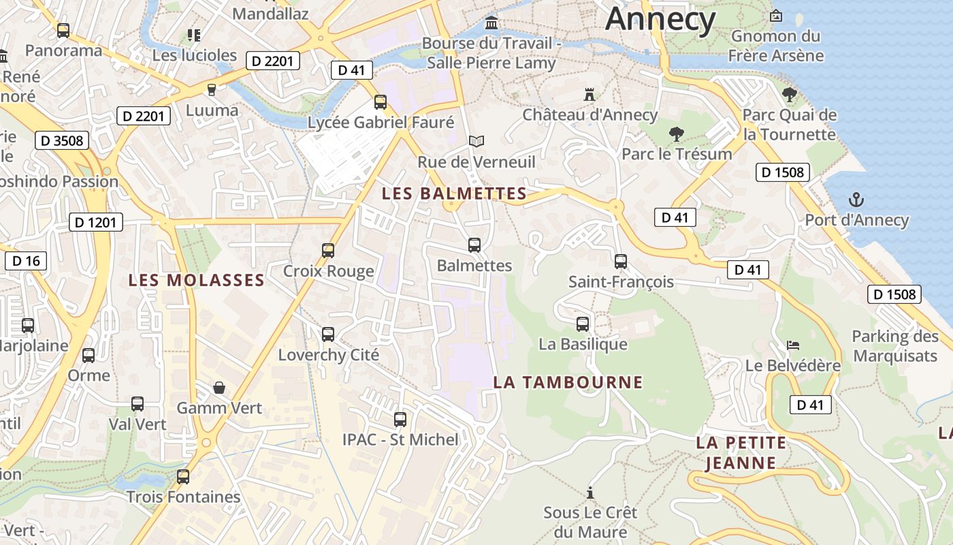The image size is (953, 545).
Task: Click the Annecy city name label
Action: pyautogui.click(x=660, y=18)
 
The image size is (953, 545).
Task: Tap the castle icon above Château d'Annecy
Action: pyautogui.click(x=589, y=95)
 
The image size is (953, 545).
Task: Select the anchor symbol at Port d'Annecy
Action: pyautogui.click(x=856, y=200)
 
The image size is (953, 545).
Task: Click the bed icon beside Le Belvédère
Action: pyautogui.click(x=793, y=345)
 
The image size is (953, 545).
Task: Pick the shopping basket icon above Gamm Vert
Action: pyautogui.click(x=219, y=388)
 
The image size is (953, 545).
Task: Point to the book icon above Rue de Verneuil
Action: pyautogui.click(x=476, y=141)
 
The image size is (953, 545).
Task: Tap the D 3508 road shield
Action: pyautogui.click(x=62, y=141)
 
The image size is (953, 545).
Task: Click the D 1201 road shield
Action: pyautogui.click(x=96, y=222)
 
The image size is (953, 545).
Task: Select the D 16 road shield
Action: pyautogui.click(x=26, y=261)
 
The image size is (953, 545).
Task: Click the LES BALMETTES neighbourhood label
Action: pyautogui.click(x=454, y=193)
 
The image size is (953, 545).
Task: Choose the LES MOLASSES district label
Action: pyautogui.click(x=196, y=280)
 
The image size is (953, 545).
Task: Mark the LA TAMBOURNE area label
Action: pyautogui.click(x=568, y=382)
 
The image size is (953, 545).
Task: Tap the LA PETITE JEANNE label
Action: pyautogui.click(x=741, y=453)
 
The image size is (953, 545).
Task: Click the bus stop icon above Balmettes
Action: pyautogui.click(x=474, y=245)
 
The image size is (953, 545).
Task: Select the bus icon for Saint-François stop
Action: pyautogui.click(x=621, y=261)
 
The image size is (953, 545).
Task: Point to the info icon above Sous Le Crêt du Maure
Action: pyautogui.click(x=590, y=492)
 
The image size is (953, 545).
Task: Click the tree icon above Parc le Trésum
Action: pyautogui.click(x=676, y=134)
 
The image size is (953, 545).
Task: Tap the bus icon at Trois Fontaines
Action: pyautogui.click(x=182, y=477)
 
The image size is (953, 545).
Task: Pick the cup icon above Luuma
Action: pyautogui.click(x=212, y=89)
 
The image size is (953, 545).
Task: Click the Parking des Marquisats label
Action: pyautogui.click(x=895, y=346)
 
